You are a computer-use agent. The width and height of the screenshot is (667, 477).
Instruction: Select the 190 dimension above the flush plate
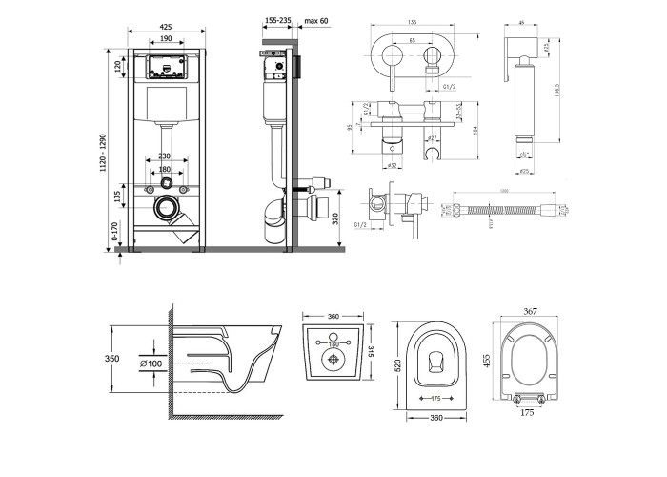pyautogui.click(x=166, y=39)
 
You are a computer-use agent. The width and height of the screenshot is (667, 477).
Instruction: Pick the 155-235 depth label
pyautogui.click(x=278, y=18)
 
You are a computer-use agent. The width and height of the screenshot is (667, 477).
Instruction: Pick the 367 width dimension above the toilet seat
pyautogui.click(x=532, y=310)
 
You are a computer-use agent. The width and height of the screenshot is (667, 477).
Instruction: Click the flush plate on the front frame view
pyautogui.click(x=166, y=67)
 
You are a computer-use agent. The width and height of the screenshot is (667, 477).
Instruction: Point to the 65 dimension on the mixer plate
pyautogui.click(x=411, y=42)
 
